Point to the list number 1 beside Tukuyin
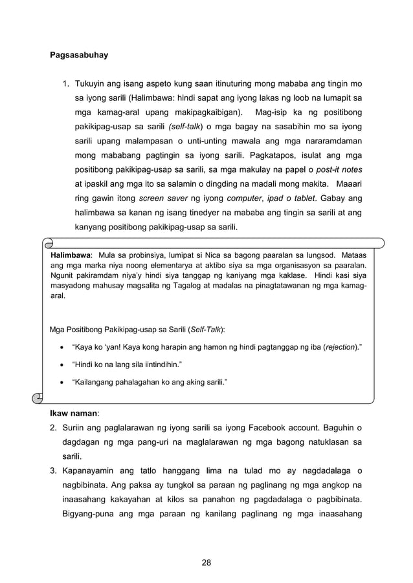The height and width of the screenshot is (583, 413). pos(65,84)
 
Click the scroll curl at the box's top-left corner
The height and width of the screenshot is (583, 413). pos(48,244)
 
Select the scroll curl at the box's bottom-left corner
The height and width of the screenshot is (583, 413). pos(39,396)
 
